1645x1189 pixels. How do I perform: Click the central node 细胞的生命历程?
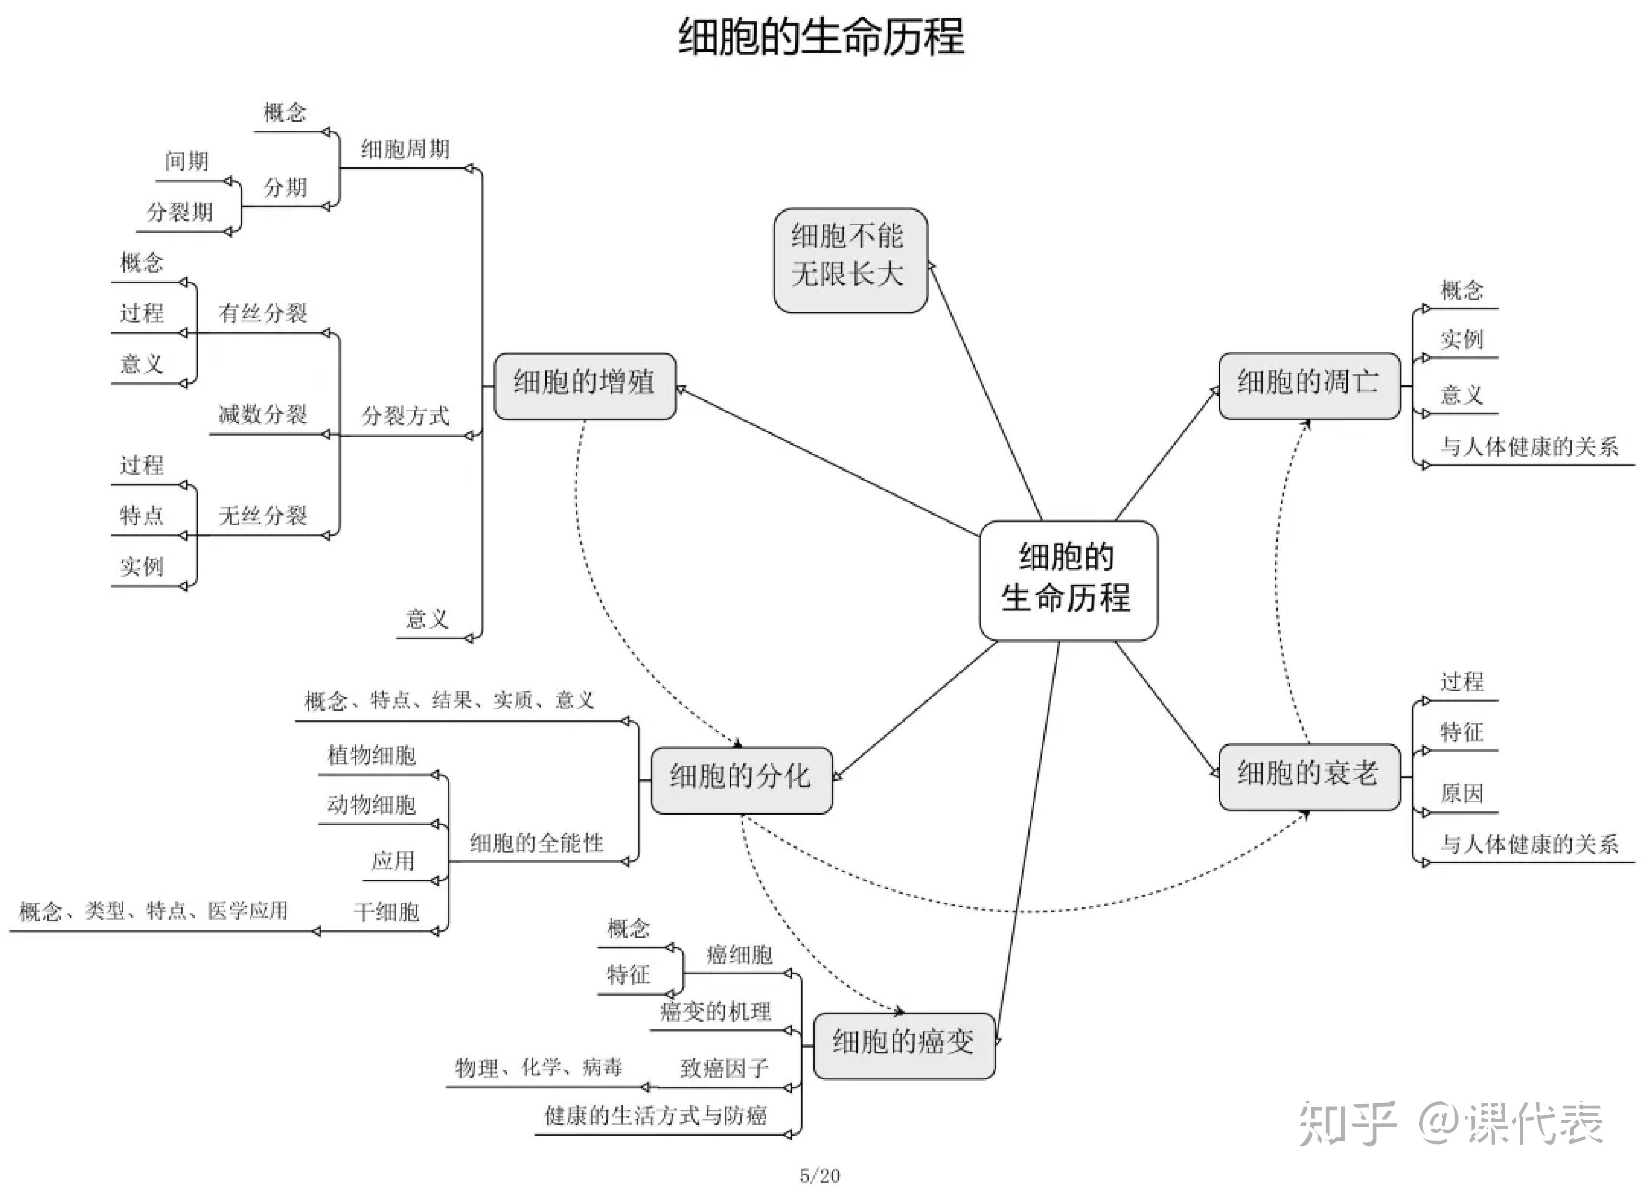[x=1068, y=580]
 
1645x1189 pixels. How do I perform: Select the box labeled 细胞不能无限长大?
[x=850, y=260]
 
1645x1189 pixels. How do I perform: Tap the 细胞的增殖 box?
[x=584, y=386]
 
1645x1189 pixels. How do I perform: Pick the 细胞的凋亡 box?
[x=1308, y=386]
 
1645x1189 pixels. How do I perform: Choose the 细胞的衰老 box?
[x=1308, y=776]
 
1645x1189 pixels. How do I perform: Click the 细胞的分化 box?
[x=741, y=779]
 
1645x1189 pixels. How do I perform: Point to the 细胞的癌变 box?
[x=904, y=1045]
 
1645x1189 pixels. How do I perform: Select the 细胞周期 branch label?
[x=406, y=150]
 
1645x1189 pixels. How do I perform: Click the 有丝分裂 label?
[x=263, y=313]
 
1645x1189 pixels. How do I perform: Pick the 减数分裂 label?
[x=263, y=415]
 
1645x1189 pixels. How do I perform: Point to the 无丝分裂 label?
[x=263, y=516]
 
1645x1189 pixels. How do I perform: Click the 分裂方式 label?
[x=406, y=416]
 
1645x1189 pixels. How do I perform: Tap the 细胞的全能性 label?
[x=537, y=843]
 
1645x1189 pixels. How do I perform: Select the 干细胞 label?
[x=386, y=912]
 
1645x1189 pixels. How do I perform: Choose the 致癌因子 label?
[x=724, y=1068]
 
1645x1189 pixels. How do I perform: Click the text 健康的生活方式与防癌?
[x=656, y=1116]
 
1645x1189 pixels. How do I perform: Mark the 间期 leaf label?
[x=187, y=161]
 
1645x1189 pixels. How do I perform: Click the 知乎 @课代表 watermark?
[x=1451, y=1124]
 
